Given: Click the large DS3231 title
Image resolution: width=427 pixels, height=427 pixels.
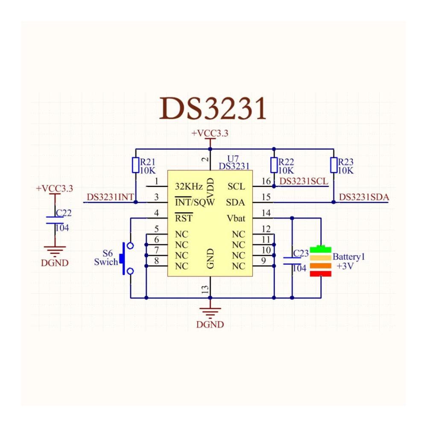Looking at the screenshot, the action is coord(213,108).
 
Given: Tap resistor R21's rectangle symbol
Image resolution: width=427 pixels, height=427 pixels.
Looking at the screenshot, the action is coord(136,165).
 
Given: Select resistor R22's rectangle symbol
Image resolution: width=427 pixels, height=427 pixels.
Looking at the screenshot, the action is coord(274,165).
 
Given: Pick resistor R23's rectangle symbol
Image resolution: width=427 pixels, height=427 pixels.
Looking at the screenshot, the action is coord(333,165).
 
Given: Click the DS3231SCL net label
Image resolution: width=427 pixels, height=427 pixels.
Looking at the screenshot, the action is coord(304,181).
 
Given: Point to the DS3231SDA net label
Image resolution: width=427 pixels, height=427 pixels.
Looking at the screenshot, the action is coord(364,197).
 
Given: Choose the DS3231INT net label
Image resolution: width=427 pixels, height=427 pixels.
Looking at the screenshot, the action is coord(110,197).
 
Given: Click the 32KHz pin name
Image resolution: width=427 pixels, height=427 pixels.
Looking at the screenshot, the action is coord(189,187).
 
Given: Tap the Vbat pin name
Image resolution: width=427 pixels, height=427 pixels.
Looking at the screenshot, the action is coord(236,218).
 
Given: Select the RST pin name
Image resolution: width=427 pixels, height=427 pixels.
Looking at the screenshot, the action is coord(184,218).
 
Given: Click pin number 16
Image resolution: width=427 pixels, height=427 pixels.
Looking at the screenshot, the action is coord(266,181).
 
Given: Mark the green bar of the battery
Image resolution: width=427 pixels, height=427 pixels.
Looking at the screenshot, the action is coord(321,249).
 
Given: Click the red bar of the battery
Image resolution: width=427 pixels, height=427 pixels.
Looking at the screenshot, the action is coord(321,274).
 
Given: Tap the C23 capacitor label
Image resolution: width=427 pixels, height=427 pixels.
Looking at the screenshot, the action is coord(301,253).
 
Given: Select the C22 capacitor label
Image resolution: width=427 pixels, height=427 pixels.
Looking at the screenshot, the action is coord(64,213).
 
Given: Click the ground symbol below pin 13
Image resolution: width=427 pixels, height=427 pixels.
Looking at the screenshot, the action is coord(210,313).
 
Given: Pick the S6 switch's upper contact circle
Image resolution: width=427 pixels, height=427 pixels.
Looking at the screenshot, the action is coord(130,246).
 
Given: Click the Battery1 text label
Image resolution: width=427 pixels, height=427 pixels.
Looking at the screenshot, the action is coord(348,257).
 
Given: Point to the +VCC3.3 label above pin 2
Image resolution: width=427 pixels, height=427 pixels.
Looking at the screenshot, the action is coord(210,133).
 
